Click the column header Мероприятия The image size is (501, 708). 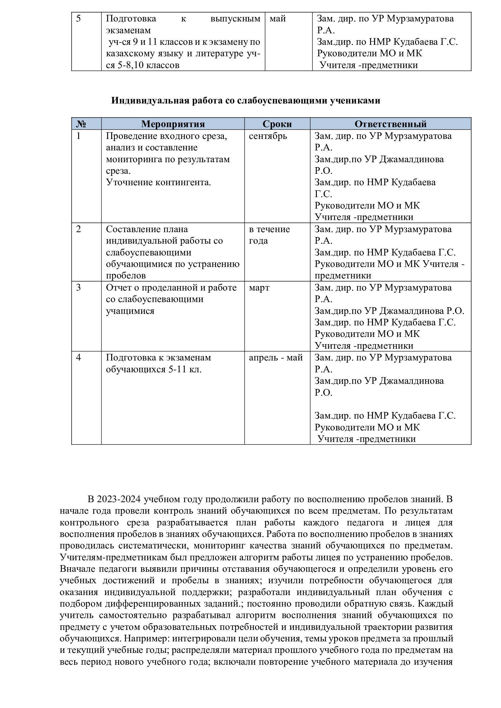coord(173,124)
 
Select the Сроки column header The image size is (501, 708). coord(277,124)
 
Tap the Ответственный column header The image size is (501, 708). coord(390,124)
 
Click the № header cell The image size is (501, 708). coord(81,124)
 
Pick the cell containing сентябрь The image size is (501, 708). coord(268,136)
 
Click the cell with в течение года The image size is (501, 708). coord(269,235)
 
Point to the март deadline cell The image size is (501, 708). coord(259,288)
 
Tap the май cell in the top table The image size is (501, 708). coord(278,19)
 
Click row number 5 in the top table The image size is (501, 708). coord(78,19)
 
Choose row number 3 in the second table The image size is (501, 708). coord(78,288)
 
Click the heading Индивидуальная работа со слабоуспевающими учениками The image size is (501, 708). coord(246,100)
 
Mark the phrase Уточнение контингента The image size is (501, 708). coord(158,183)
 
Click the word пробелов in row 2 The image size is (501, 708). coord(126,276)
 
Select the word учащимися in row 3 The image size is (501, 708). coord(130,311)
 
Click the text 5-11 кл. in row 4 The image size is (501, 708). coord(185,369)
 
